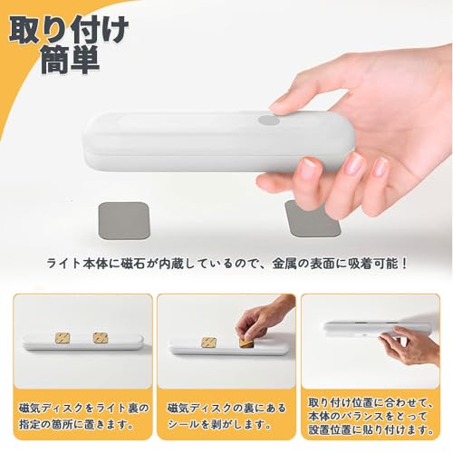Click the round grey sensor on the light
269,120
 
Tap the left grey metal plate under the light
124,221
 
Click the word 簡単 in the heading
71,60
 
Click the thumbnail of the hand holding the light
370,341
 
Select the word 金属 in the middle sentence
284,264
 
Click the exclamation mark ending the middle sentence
404,264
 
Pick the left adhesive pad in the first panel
63,338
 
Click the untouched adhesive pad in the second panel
209,343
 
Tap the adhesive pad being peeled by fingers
246,342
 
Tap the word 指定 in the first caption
30,425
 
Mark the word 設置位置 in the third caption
331,429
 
